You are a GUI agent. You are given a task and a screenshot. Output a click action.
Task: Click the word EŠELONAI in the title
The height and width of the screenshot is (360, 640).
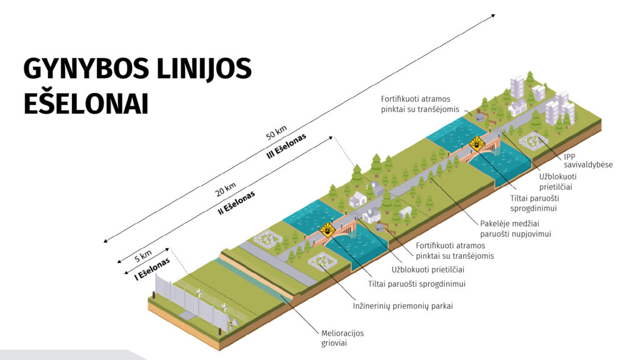(x=86, y=103)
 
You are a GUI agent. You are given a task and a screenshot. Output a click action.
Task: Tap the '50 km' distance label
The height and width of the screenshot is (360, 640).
(x=276, y=132)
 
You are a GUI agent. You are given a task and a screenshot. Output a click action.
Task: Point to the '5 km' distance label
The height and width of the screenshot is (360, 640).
(x=143, y=255)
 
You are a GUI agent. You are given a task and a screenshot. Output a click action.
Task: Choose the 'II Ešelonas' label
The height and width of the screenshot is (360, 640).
(x=237, y=202)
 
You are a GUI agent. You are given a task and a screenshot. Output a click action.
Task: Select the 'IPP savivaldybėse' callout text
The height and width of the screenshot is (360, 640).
(x=588, y=160)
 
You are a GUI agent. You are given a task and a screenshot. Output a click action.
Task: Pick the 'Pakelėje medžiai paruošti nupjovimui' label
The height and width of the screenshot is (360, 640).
(x=519, y=228)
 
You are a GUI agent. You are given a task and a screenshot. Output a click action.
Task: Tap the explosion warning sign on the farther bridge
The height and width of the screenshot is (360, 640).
(x=477, y=144)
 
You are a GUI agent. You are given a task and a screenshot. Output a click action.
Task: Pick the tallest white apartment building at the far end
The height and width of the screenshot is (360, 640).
(x=518, y=89)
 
